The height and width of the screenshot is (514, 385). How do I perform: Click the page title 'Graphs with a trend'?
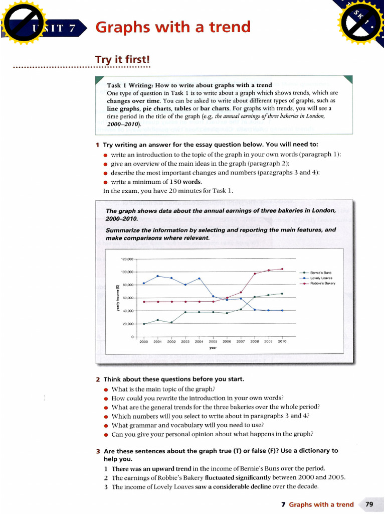tap(172, 27)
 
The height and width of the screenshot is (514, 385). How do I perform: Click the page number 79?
tap(369, 504)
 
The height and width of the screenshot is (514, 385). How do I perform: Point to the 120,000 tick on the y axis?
tap(127, 259)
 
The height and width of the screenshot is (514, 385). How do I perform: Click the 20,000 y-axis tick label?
tap(128, 324)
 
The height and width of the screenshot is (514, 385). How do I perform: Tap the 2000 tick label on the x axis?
tap(144, 341)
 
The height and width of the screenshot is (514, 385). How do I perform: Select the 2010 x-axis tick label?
tap(282, 341)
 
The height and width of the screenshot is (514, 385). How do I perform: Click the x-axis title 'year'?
tap(213, 347)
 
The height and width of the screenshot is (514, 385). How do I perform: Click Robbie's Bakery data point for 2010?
tap(282, 269)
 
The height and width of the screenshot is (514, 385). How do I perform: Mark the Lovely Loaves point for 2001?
tap(158, 276)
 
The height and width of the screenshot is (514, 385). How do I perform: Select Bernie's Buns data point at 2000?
tap(144, 324)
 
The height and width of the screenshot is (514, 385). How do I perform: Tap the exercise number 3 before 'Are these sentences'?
tap(98, 451)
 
